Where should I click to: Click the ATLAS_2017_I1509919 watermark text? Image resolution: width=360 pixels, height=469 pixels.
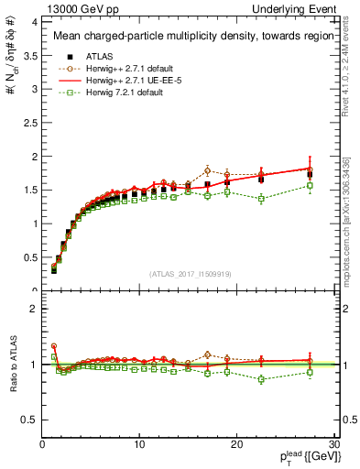click(x=189, y=274)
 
